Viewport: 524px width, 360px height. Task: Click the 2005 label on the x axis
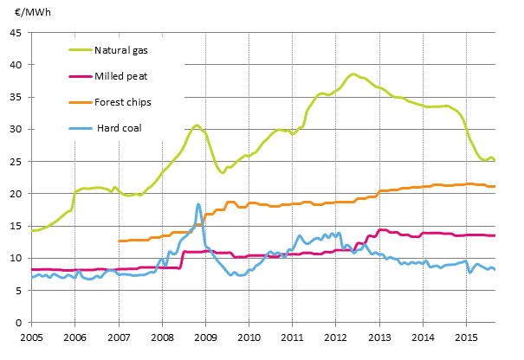pos(31,336)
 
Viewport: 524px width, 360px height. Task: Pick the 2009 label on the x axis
pos(205,336)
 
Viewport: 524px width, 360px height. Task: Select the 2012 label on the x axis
pos(336,336)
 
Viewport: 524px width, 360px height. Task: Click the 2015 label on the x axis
pos(467,336)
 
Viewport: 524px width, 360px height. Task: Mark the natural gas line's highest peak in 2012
pos(353,74)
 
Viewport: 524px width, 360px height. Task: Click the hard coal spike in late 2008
pos(198,204)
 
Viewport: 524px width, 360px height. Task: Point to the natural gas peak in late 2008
pos(197,125)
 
